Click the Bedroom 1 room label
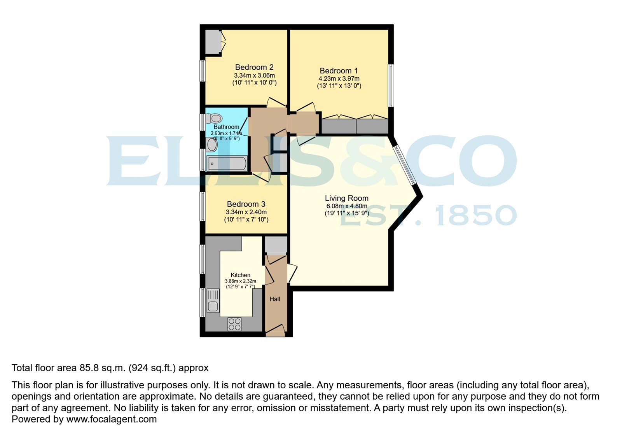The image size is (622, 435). coord(339,71)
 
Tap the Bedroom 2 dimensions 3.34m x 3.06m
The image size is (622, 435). coord(254,75)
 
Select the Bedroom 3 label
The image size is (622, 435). coord(246,204)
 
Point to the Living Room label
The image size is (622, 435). coord(346,198)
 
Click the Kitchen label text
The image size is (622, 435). coord(240,275)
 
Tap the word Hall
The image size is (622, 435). coord(275,299)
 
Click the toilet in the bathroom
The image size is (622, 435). coord(214,118)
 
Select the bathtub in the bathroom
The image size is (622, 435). coord(227,164)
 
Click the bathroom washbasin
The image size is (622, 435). coord(212,145)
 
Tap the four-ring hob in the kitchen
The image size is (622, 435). coord(234,324)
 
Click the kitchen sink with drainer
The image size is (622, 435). coord(213,300)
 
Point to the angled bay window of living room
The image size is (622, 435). coord(405,165)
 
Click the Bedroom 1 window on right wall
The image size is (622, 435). coord(391,86)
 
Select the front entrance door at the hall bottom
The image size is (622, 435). coord(275,331)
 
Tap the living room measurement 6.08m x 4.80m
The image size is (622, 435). coord(346,206)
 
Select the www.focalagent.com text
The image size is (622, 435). coord(112,419)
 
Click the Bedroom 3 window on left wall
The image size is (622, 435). coord(203,206)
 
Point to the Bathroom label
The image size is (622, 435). coord(226,127)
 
